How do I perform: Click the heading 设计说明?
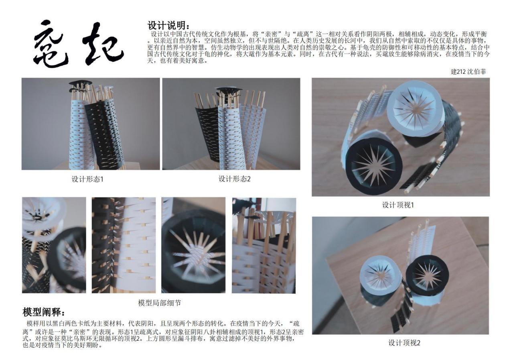tap(168, 25)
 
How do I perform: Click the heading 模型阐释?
tap(43, 312)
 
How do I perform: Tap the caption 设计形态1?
tap(87, 179)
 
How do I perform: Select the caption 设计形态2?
tap(234, 179)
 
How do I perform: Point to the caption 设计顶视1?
tap(398, 205)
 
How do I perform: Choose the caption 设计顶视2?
tap(404, 343)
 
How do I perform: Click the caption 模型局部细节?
tap(160, 303)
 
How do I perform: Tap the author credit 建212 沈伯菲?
tap(468, 71)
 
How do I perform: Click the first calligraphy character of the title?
tap(51, 44)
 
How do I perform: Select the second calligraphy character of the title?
tap(102, 43)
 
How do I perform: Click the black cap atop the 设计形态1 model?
tap(81, 83)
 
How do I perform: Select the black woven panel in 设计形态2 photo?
tap(208, 134)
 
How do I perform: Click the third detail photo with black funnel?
tap(193, 245)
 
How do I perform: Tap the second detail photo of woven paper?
tap(124, 245)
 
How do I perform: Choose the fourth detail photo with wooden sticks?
tap(264, 246)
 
